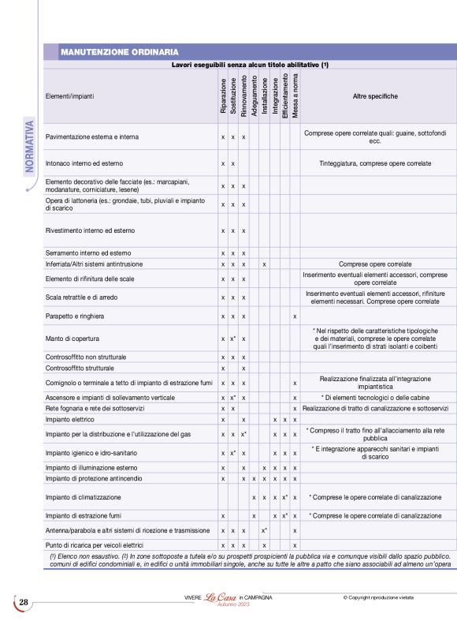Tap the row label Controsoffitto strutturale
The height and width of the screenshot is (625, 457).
pos(86,368)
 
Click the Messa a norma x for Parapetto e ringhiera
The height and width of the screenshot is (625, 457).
pos(295,316)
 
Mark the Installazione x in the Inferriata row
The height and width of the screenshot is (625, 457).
pos(264,264)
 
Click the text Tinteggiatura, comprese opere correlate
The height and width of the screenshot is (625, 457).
pos(375,163)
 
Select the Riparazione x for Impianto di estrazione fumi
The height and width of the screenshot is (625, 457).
pos(224,515)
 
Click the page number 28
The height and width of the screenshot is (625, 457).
pos(24,603)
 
